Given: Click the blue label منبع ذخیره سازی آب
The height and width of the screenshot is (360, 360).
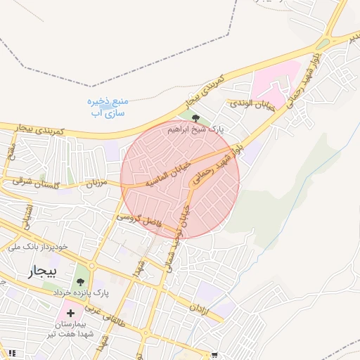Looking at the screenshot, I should coord(105,106).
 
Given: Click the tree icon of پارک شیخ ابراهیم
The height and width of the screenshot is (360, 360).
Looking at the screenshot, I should coord(195,119).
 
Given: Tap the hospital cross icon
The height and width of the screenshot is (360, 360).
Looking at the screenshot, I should coord(70,311).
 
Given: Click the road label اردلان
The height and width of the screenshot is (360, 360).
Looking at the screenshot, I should coord(200,310).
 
